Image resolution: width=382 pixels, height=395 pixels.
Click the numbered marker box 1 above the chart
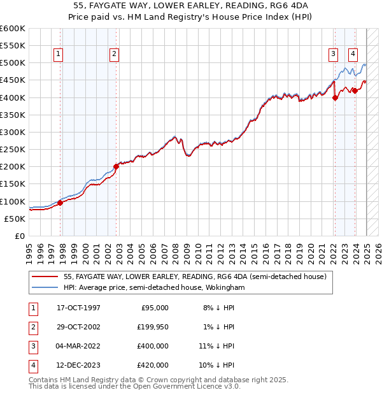[x=58, y=54]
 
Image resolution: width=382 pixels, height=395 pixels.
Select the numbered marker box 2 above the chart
[x=114, y=54]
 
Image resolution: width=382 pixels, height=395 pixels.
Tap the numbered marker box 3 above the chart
[x=333, y=54]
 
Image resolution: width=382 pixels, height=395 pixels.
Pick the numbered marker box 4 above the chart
[x=353, y=54]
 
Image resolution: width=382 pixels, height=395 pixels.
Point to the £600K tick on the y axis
[x=13, y=29]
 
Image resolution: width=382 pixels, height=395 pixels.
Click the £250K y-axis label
[x=13, y=149]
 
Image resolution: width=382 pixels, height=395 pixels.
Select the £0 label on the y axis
[x=20, y=236]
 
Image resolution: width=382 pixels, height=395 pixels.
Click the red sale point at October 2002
[x=117, y=167]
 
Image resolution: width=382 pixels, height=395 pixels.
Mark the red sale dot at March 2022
[x=335, y=97]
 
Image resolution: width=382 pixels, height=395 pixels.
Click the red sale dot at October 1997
[x=60, y=203]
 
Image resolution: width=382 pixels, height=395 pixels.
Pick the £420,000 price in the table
[x=153, y=365]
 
